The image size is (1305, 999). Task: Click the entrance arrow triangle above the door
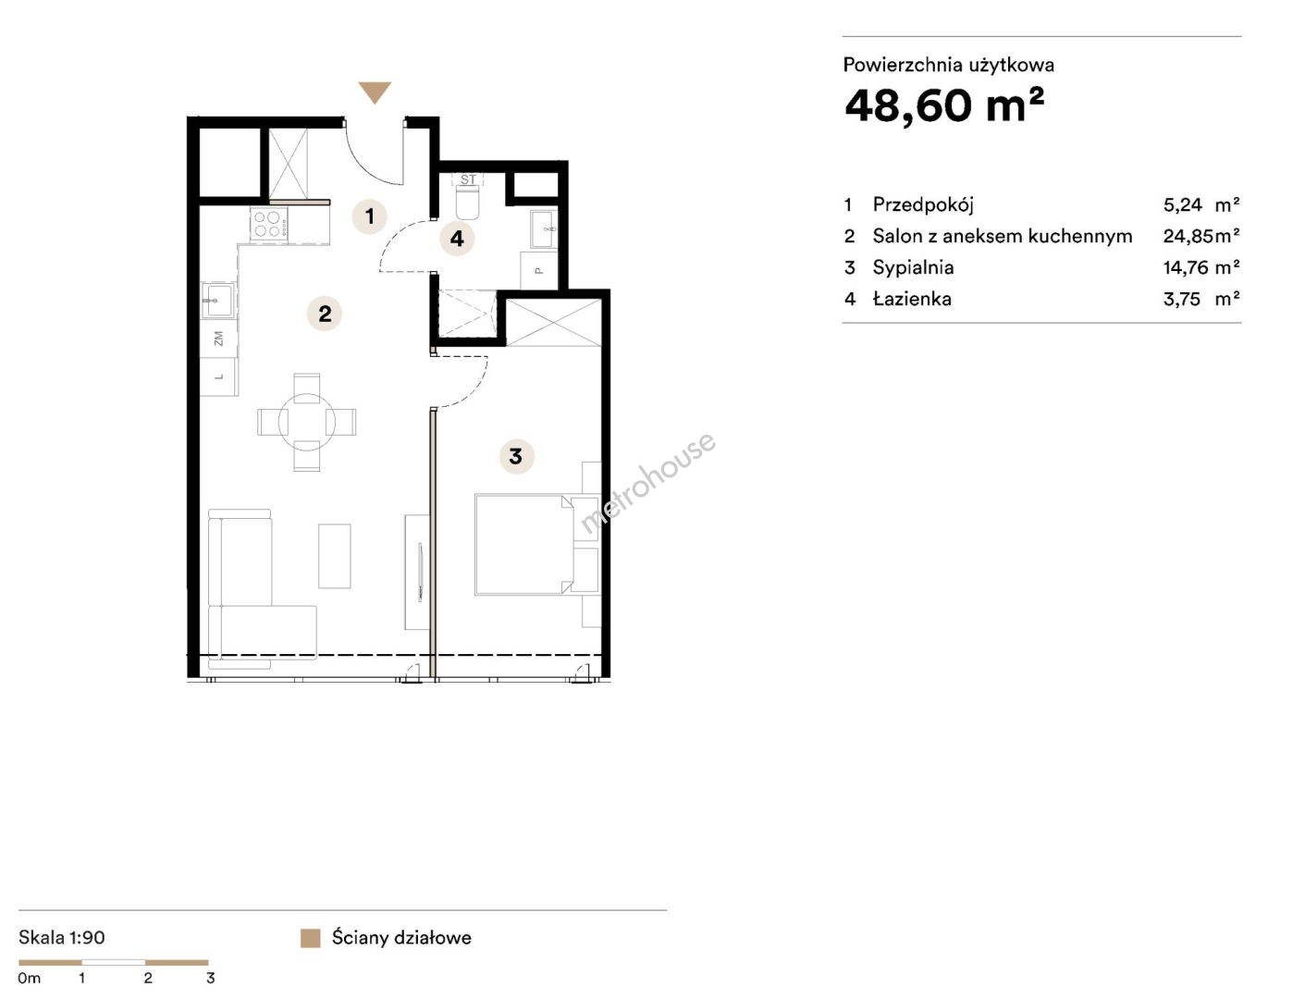click(x=375, y=92)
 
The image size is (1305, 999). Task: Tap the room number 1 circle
click(x=370, y=216)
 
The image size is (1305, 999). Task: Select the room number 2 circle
click(x=325, y=314)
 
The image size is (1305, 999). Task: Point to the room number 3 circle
click(x=516, y=456)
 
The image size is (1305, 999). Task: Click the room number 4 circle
click(x=457, y=239)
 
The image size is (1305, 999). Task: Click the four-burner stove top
click(x=269, y=225)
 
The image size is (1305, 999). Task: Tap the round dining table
click(x=307, y=422)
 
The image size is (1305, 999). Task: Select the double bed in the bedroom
click(x=523, y=544)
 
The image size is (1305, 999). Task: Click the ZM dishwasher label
click(x=219, y=339)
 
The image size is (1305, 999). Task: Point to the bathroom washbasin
click(x=544, y=228)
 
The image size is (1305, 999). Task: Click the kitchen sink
click(x=218, y=301)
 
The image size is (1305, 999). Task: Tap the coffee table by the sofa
click(x=334, y=556)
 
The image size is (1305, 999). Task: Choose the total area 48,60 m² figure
click(x=944, y=105)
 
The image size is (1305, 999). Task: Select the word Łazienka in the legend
click(x=912, y=299)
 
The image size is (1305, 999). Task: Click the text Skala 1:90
click(x=62, y=937)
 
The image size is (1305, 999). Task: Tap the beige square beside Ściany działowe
click(x=311, y=938)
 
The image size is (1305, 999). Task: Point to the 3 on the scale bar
click(x=210, y=978)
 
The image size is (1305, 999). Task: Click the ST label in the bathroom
click(x=468, y=179)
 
